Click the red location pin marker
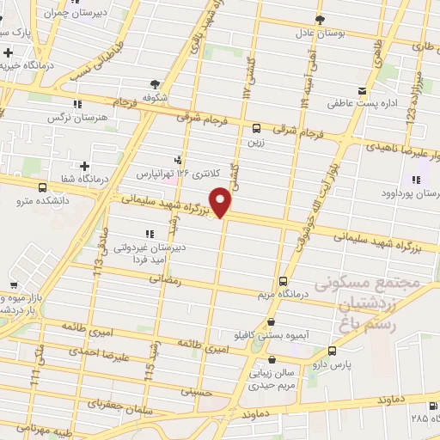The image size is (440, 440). click(222, 203)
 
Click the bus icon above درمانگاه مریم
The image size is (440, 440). click(284, 281)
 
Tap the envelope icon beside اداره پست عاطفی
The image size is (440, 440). click(362, 90)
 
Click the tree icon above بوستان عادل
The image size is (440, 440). click(320, 18)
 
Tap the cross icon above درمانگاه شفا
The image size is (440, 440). click(84, 165)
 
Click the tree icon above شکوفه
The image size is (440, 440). click(156, 83)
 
